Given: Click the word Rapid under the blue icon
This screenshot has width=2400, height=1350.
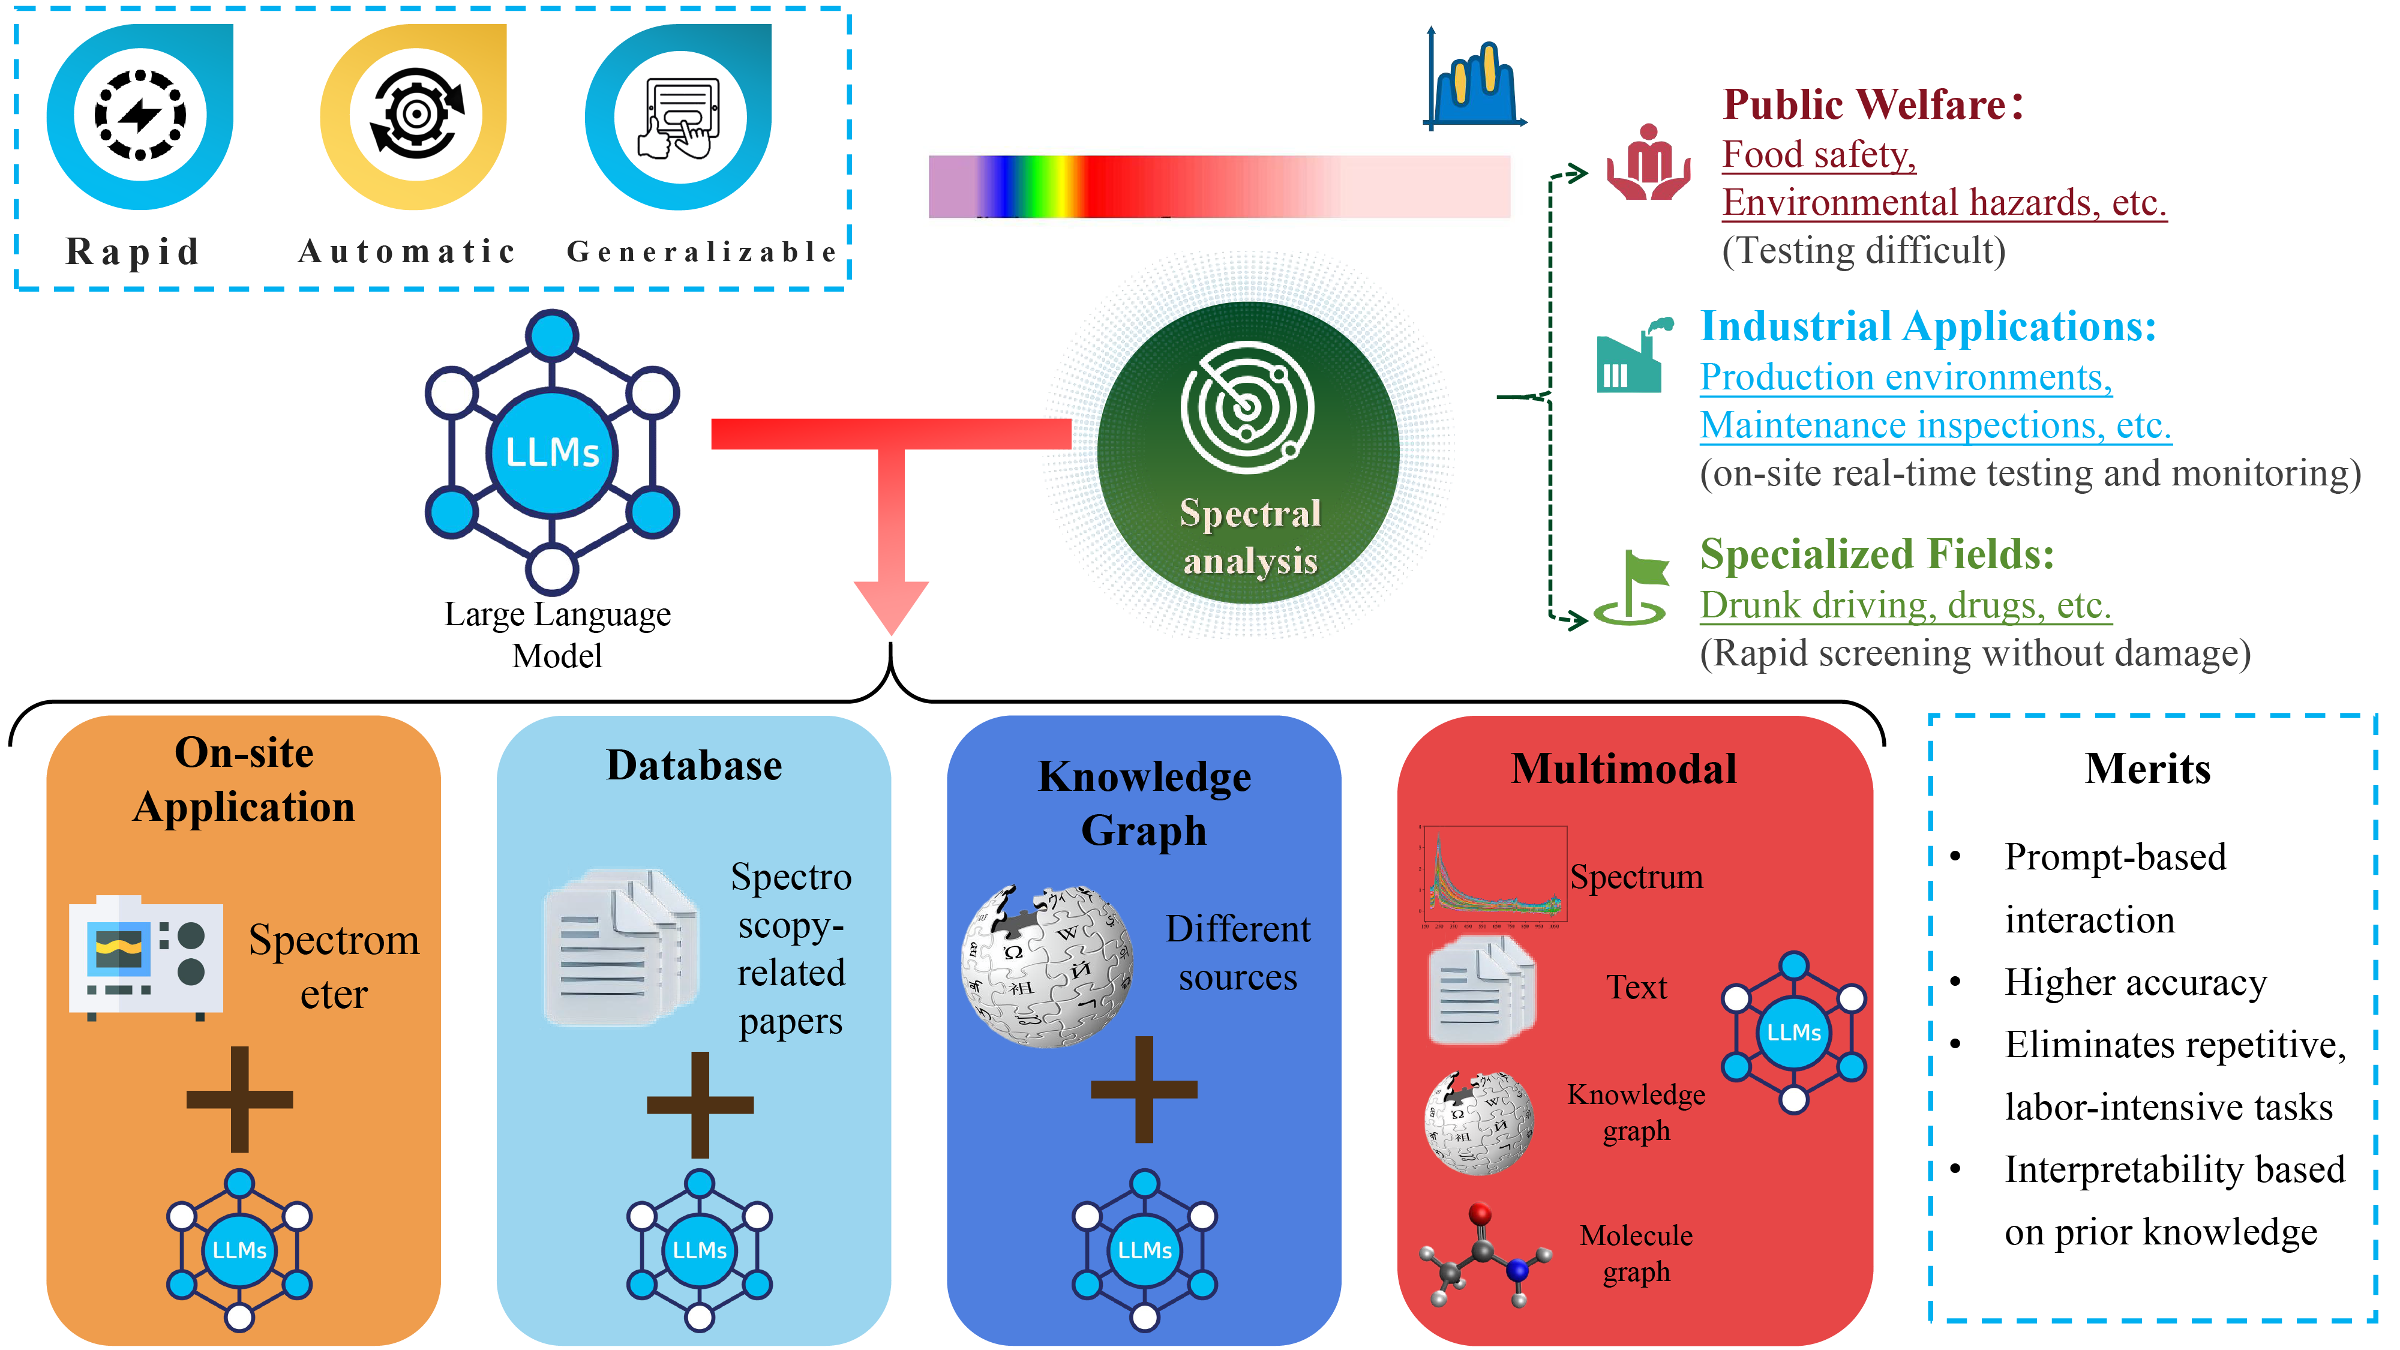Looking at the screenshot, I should click(133, 251).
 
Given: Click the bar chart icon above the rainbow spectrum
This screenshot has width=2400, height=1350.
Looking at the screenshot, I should click(1474, 82).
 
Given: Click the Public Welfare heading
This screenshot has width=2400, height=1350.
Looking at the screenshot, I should click(1873, 104).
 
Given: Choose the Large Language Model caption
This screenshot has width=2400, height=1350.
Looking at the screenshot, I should click(557, 634).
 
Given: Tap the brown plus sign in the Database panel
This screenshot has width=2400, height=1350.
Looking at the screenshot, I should click(700, 1105).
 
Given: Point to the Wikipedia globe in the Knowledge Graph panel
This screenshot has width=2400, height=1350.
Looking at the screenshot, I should click(1046, 966).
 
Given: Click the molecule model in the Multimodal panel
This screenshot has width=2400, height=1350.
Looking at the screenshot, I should click(1483, 1256).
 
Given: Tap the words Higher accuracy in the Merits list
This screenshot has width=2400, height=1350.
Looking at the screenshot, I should click(2135, 983).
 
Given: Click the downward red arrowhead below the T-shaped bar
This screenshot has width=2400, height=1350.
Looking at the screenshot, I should click(890, 605).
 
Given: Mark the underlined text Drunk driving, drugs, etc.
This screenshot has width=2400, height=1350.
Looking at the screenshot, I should click(1905, 605).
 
